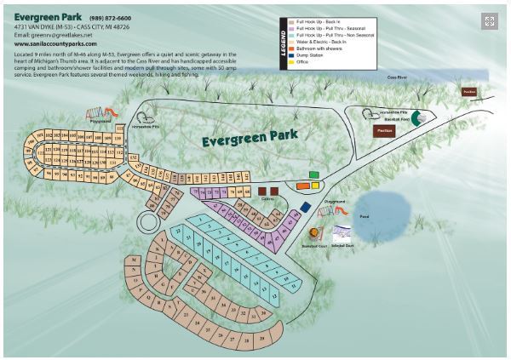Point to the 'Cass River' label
[398, 77]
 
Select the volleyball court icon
[343, 232]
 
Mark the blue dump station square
[305, 207]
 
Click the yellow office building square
[314, 184]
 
